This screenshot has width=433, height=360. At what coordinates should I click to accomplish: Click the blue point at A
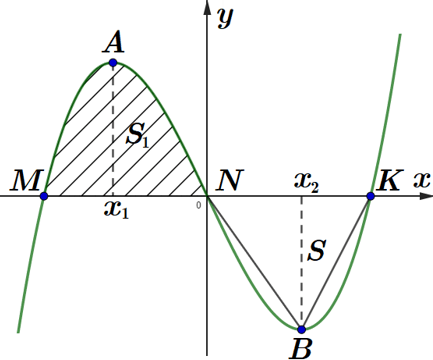click(113, 62)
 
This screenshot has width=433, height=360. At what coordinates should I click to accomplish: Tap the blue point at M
click(44, 196)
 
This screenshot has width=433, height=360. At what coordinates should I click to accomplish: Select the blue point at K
click(370, 196)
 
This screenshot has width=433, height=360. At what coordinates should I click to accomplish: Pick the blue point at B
click(302, 330)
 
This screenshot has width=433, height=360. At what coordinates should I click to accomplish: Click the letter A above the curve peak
click(114, 43)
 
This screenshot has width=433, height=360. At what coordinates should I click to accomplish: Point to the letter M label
click(26, 180)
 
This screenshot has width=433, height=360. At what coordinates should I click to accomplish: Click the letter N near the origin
click(230, 180)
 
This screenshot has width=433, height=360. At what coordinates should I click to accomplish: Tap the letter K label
click(389, 180)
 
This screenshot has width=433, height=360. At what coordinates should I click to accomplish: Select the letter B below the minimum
click(302, 349)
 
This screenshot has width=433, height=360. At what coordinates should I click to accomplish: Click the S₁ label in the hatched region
click(137, 134)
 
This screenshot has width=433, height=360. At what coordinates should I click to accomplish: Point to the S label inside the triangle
click(316, 250)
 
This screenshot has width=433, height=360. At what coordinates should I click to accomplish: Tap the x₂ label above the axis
click(307, 184)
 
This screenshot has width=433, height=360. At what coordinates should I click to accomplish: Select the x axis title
click(422, 180)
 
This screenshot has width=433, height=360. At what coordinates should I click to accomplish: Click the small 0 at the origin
click(199, 205)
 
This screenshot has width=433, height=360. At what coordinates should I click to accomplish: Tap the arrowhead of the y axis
click(207, 8)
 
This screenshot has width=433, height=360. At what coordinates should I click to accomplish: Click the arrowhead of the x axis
click(426, 196)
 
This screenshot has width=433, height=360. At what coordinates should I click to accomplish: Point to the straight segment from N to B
click(255, 263)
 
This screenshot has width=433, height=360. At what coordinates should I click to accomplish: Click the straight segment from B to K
click(336, 263)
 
